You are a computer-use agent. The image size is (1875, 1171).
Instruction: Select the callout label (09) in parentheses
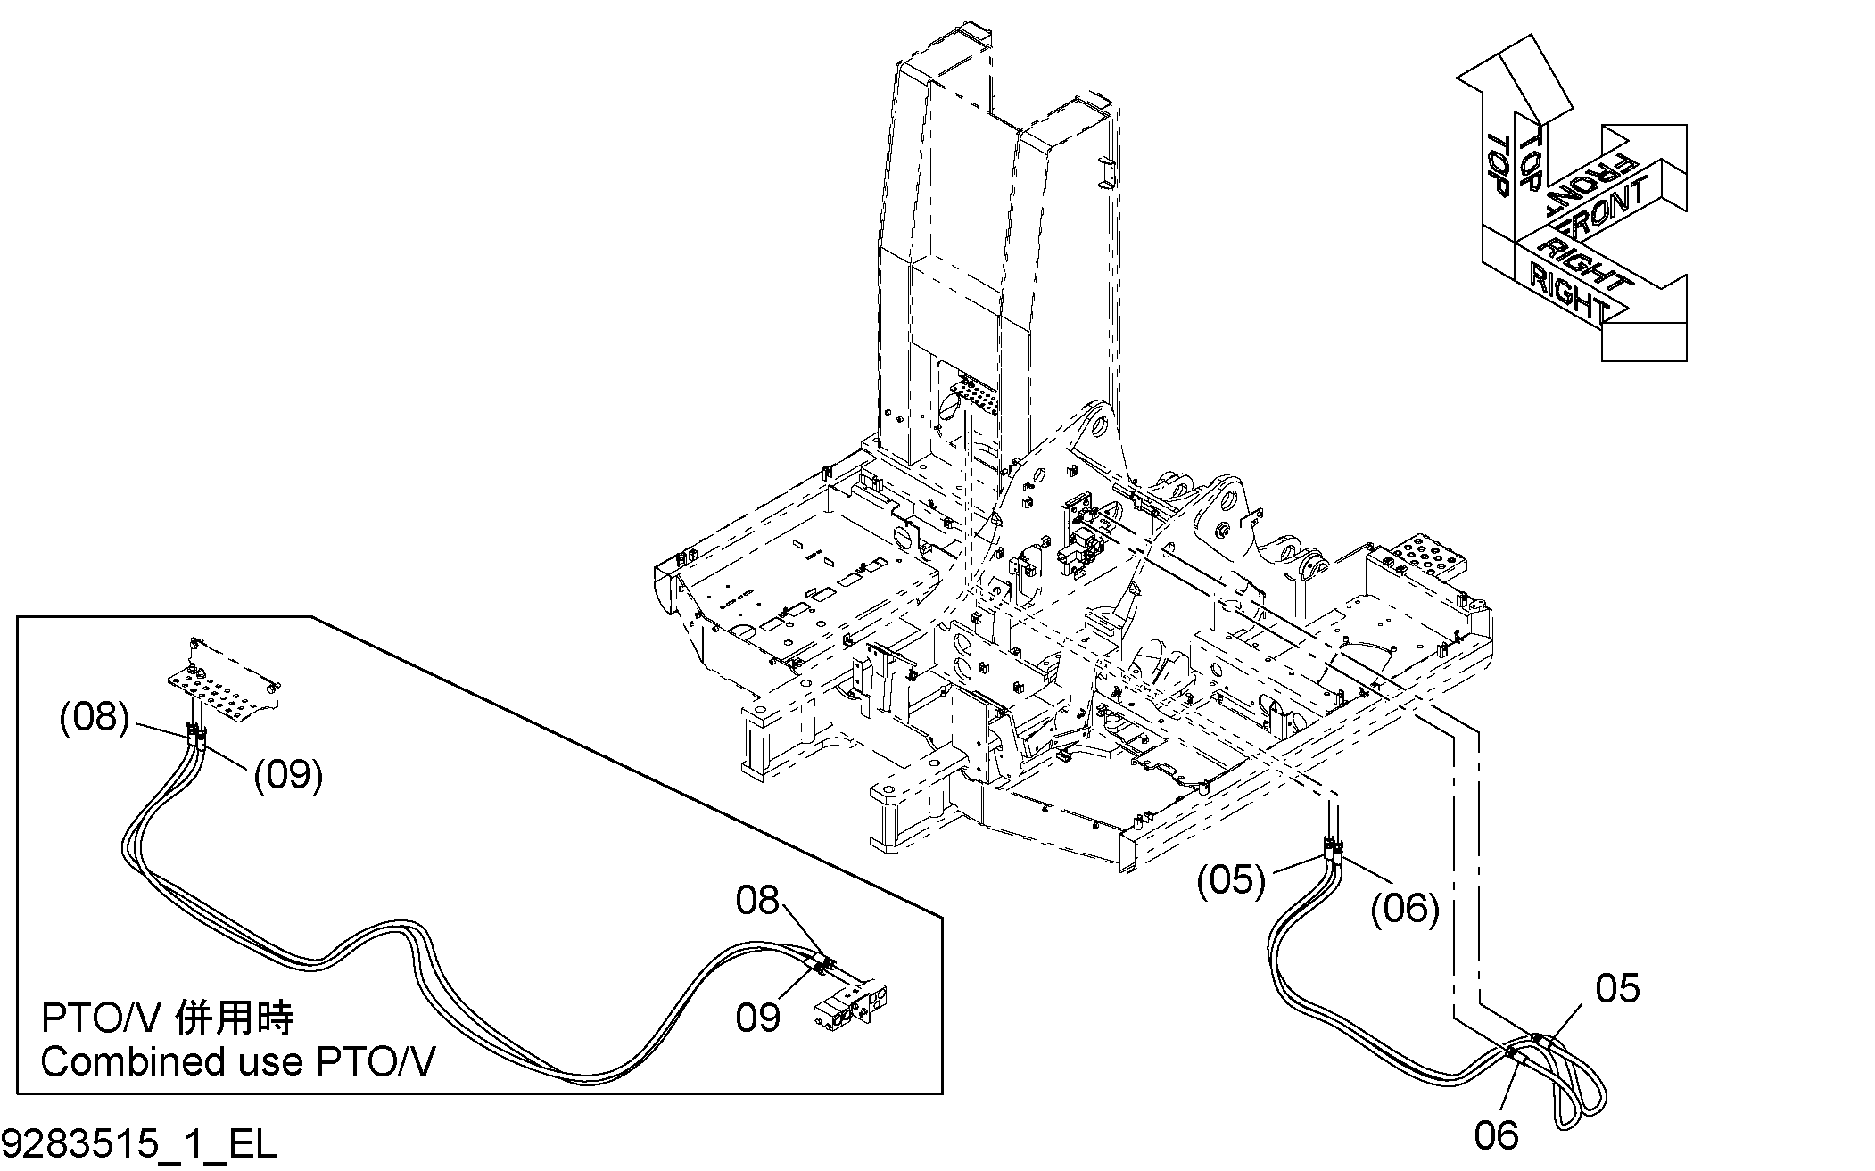(288, 775)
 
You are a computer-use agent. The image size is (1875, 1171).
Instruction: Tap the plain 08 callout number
(757, 901)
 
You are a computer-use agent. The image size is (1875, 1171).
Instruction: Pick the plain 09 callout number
(758, 1018)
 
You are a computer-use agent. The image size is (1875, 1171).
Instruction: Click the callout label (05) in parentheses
(1232, 880)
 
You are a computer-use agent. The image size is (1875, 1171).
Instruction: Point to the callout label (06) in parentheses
(1405, 909)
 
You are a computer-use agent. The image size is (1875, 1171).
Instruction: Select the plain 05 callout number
(1617, 988)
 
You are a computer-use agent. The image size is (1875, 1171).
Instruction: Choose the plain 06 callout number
(1496, 1135)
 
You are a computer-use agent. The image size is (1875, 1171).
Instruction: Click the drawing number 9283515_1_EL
(139, 1144)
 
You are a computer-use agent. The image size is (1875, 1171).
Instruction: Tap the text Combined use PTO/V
(238, 1062)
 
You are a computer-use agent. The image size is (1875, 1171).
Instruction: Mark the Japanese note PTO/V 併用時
(168, 1018)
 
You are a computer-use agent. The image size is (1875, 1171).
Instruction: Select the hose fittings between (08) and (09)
(197, 737)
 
